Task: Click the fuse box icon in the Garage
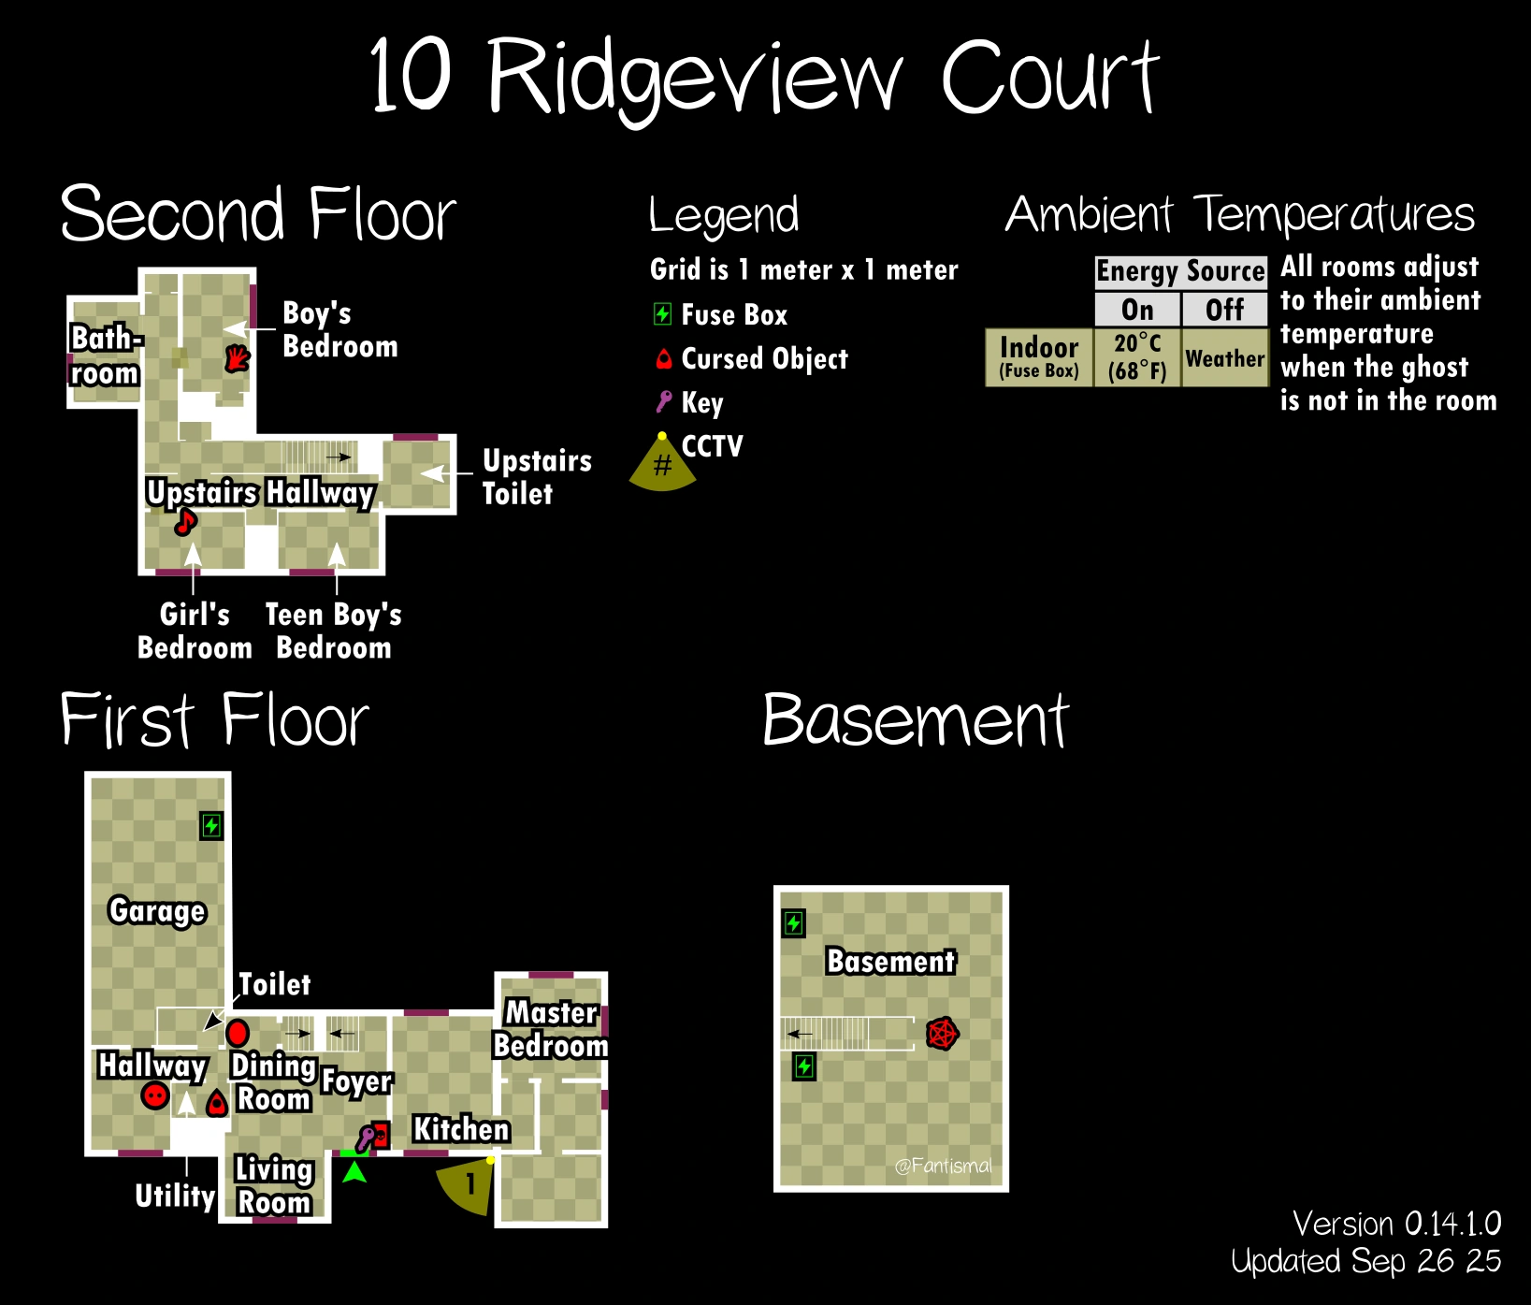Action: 212,826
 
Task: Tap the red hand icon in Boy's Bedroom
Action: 238,358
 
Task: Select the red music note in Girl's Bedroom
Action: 186,522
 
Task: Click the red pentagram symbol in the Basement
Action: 942,1034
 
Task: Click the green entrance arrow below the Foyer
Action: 354,1171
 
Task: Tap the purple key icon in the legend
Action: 663,402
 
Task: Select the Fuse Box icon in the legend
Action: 662,314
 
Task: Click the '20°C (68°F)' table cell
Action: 1136,357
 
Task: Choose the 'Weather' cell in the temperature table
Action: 1224,358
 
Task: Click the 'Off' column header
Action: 1224,310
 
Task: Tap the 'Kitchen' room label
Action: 461,1129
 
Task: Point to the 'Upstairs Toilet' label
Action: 537,477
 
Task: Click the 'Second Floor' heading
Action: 258,214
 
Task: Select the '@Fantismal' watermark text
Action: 943,1166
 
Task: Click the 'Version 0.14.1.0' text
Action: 1396,1224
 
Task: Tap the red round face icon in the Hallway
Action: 155,1095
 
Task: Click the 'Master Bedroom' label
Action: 551,1029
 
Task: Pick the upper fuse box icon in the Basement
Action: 793,923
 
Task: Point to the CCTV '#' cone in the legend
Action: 662,464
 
